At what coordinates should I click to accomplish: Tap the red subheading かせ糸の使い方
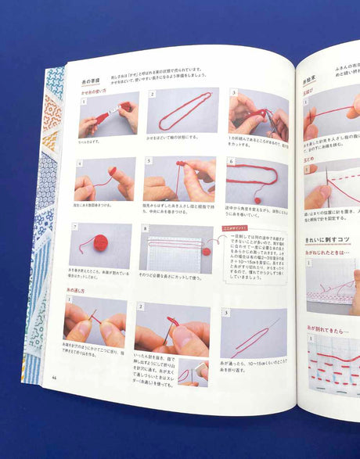[96, 92]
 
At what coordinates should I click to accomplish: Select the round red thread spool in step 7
[100, 243]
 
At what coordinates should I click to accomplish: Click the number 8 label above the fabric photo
[144, 229]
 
